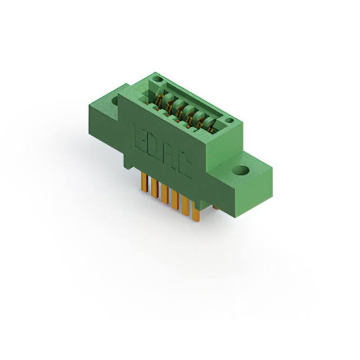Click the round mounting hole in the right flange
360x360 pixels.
tap(240, 170)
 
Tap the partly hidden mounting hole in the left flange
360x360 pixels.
tap(115, 101)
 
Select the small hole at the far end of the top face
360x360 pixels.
tap(157, 79)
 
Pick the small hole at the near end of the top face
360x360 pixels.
tap(229, 120)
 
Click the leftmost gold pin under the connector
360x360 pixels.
tap(145, 182)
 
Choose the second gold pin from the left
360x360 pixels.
tap(155, 188)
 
